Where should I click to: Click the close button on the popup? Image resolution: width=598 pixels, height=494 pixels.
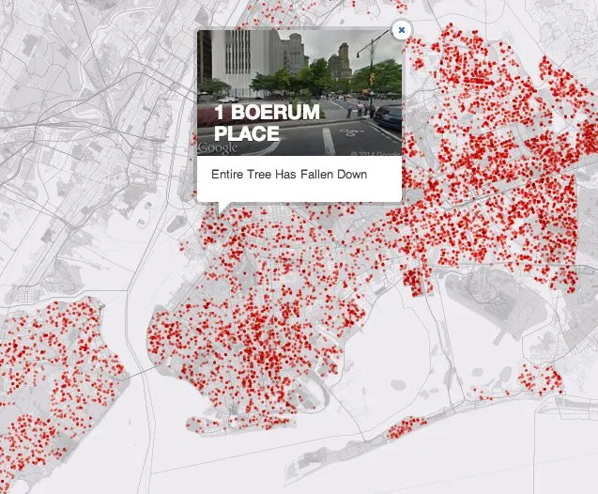click(x=401, y=30)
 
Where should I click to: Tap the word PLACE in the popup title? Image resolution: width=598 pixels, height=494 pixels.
click(x=247, y=133)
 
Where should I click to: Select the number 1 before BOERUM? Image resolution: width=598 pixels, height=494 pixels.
click(x=221, y=113)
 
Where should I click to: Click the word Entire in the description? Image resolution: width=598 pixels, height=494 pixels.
click(x=227, y=175)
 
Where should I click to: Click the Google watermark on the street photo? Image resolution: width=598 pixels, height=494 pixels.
click(x=219, y=147)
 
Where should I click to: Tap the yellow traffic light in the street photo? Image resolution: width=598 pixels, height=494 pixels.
click(x=373, y=75)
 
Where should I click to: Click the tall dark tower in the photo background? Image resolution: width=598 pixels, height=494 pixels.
click(x=296, y=53)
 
